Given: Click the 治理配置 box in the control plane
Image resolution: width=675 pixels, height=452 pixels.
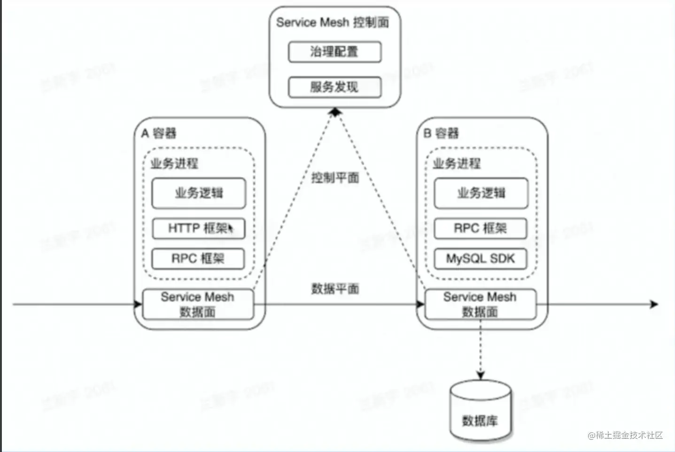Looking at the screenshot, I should click(334, 52).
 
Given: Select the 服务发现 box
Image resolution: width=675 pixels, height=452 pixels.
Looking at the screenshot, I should click(334, 87).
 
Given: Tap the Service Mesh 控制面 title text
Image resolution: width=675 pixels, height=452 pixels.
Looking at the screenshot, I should click(332, 22).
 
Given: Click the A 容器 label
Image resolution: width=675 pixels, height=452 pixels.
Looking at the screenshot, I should click(159, 133).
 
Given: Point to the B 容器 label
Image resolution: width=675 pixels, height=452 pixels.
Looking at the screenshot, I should click(441, 133).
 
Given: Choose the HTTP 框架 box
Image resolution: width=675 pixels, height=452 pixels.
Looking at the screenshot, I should click(198, 228).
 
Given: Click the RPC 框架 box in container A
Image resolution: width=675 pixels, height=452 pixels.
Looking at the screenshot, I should click(198, 258).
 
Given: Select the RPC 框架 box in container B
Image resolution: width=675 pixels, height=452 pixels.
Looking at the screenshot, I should click(480, 228).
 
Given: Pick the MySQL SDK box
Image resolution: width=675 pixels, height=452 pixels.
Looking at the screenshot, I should click(480, 258).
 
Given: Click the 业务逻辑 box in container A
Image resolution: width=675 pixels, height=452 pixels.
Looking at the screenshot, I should click(198, 193).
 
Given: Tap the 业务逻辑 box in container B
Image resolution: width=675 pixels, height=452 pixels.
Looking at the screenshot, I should click(481, 193).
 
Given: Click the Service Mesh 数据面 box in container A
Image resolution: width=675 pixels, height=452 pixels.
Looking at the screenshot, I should click(198, 304).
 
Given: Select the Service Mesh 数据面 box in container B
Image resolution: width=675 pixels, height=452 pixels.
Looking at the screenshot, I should click(480, 304).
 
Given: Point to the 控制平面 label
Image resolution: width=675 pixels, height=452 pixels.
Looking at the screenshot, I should click(335, 178).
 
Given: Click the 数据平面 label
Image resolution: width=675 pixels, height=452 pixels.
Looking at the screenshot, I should click(335, 288).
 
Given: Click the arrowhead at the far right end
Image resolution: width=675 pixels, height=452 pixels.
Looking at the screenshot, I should click(654, 304).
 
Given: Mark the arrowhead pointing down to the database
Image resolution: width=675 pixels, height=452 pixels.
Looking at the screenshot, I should click(480, 375).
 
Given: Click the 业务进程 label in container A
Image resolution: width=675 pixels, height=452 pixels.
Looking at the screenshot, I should click(174, 164).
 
